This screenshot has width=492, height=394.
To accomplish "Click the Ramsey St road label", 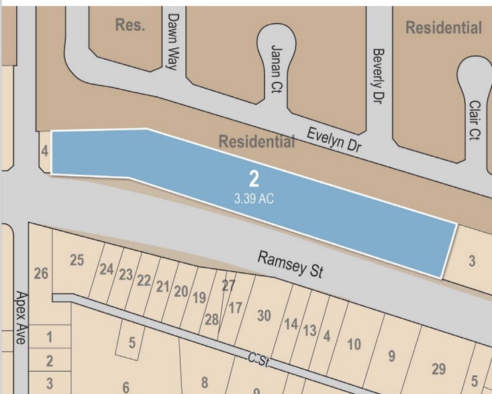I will click(x=291, y=265).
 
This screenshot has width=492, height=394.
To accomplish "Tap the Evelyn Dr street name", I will click(x=334, y=139).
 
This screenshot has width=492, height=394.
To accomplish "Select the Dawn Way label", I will click(x=173, y=42).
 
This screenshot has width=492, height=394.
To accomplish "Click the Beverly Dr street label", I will click(x=378, y=75).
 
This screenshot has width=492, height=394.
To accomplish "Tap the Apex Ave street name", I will click(x=20, y=318).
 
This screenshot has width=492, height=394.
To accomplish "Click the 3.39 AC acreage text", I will click(x=254, y=198).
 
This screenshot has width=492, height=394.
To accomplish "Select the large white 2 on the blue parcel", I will click(x=254, y=179).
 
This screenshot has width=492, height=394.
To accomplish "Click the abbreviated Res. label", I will click(x=130, y=25).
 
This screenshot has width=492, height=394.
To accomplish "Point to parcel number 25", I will click(x=77, y=260).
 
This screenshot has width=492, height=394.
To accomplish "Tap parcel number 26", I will click(x=41, y=274).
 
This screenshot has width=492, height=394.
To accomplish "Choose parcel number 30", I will click(x=264, y=315).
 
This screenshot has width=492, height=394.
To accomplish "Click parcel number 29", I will click(x=438, y=369).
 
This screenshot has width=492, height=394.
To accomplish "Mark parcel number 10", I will click(x=354, y=344).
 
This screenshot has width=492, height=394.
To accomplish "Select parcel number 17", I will click(x=235, y=308).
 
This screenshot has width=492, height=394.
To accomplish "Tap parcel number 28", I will click(x=211, y=320).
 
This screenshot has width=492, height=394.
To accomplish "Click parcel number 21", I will click(x=162, y=286).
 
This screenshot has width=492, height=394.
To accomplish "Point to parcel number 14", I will click(x=291, y=324).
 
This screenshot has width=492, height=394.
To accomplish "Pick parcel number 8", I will click(x=204, y=382).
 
